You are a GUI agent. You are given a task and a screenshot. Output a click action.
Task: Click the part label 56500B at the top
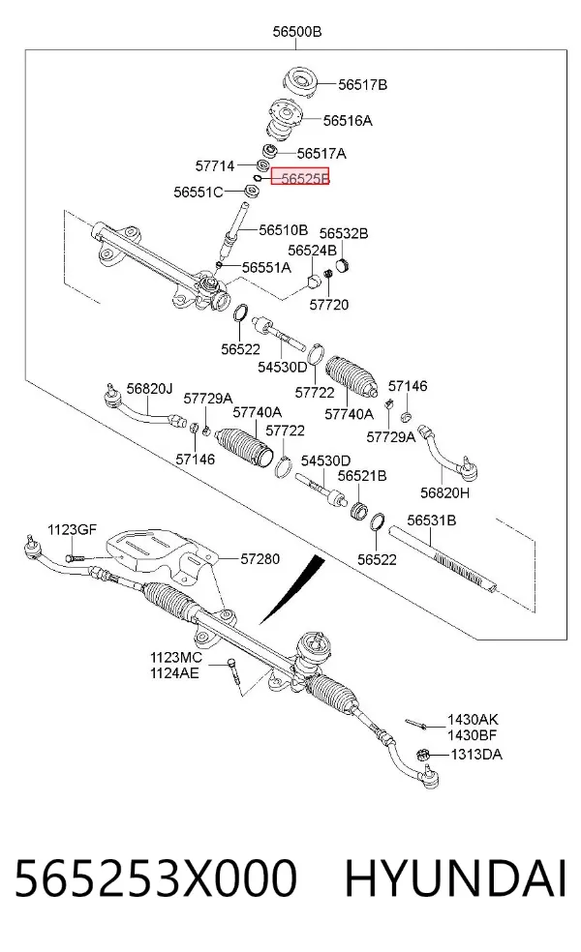296,32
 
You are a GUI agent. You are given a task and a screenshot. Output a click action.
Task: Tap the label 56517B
362,85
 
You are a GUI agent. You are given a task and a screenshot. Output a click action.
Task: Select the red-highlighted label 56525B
300,177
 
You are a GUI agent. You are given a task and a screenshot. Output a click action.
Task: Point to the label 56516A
348,121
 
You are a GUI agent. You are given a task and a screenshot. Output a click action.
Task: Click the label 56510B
283,230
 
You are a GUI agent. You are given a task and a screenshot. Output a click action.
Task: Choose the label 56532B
344,233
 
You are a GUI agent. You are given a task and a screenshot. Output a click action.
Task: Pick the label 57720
329,305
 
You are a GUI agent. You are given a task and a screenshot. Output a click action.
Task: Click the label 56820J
149,389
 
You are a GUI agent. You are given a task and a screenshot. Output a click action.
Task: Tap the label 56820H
444,493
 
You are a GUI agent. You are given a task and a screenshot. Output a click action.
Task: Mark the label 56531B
432,521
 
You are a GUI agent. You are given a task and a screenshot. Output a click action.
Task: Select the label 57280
260,558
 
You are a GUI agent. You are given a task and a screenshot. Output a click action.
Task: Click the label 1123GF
73,529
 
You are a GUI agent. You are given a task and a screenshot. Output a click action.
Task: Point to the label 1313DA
476,755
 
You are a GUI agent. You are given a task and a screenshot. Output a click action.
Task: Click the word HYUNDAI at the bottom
456,878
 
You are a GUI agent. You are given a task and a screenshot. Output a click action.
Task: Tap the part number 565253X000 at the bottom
156,878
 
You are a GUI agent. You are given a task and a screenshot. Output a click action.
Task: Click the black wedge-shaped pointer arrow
290,589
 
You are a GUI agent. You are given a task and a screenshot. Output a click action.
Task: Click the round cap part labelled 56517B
301,82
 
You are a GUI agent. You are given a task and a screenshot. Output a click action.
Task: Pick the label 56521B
361,476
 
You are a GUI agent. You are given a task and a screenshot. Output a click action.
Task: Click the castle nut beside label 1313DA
423,756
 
